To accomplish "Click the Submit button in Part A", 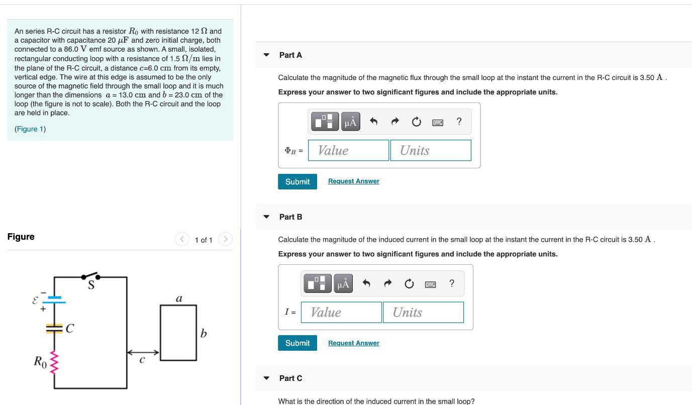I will (297, 181).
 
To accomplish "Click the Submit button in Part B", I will (297, 343).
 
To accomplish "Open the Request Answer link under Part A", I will (353, 181).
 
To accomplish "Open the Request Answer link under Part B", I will (353, 343).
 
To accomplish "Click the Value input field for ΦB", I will (348, 150).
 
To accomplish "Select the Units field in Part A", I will (430, 150).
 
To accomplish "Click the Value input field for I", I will (341, 312).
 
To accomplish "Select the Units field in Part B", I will (423, 312).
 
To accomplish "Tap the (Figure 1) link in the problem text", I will (30, 129).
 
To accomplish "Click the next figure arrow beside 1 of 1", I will (226, 239).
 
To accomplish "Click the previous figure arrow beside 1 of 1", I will (182, 239).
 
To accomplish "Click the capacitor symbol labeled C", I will (55, 329).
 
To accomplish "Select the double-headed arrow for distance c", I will (143, 353).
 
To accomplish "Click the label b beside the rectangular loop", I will (203, 333).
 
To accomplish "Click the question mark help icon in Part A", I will (459, 122).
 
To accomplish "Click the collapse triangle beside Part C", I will (266, 378).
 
